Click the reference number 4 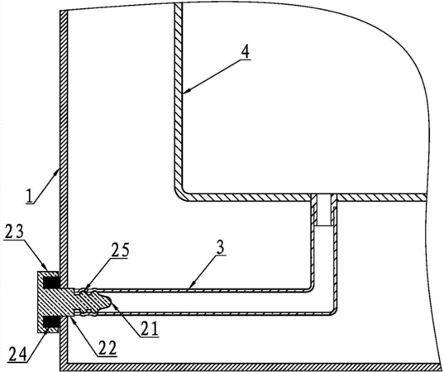246,51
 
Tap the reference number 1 28,196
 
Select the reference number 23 14,233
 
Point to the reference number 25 121,250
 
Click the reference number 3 220,247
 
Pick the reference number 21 150,329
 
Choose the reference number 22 107,348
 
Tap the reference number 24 18,354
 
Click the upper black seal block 51,282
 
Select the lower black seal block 51,322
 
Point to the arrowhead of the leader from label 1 58,171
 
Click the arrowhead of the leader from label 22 72,318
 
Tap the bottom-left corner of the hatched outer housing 60,370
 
